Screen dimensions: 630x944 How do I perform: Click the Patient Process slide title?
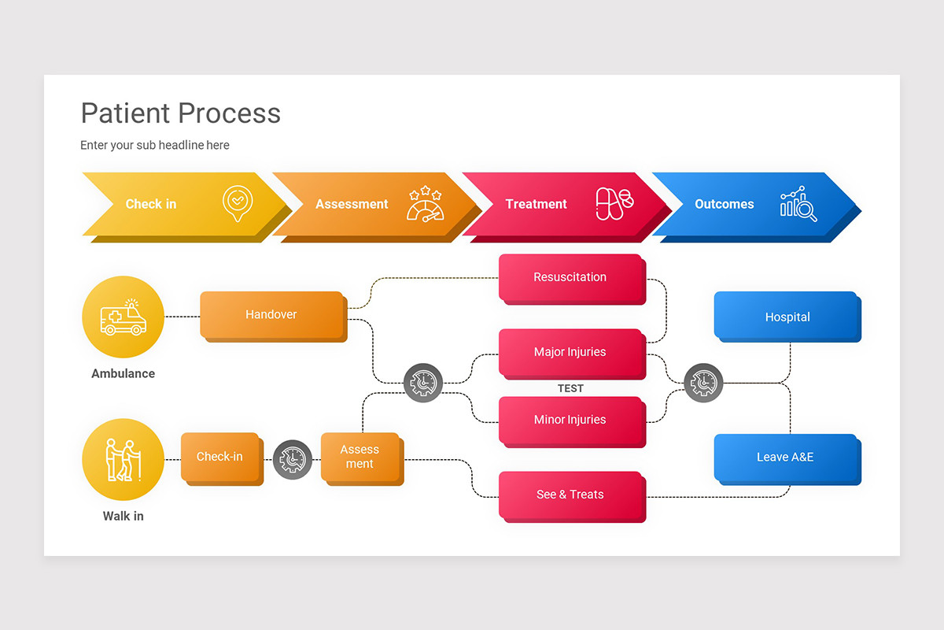coord(181,113)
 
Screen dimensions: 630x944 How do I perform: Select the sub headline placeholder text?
coord(155,145)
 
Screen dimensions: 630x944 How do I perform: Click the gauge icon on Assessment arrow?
coord(425,205)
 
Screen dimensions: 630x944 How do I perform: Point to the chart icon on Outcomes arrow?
coord(798,204)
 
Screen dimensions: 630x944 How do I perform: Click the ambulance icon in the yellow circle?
coord(123,317)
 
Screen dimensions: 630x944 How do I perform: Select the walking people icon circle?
coord(123,460)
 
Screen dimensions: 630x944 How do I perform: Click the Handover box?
coord(271,314)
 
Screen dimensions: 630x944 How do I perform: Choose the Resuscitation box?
coord(570,277)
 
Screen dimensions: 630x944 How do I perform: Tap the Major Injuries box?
coord(570,352)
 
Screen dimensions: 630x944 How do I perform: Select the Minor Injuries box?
coord(570,420)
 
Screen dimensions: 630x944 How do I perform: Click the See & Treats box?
coord(570,495)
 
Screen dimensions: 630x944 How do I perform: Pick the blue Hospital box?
coord(786,317)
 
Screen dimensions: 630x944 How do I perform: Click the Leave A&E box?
coord(786,457)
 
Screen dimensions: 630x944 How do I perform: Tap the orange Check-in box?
coord(219,457)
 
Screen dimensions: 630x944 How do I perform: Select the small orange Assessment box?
coord(360,457)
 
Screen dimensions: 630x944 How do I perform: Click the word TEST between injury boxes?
coord(570,388)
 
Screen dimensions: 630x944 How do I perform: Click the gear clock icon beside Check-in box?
coord(293,459)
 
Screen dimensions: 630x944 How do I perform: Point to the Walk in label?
coord(123,517)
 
